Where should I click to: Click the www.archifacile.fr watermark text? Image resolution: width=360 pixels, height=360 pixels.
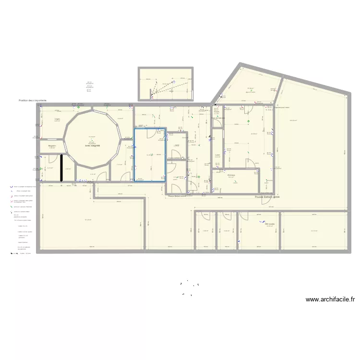click(x=330, y=300)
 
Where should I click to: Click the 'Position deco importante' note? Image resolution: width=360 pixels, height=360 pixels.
click(x=33, y=101)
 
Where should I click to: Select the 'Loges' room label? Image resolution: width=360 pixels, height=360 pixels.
click(x=57, y=119)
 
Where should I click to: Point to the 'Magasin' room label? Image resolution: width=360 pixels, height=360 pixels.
click(x=52, y=145)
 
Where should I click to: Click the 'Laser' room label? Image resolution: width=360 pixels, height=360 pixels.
click(x=217, y=155)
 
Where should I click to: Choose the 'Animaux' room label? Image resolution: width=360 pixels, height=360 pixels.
click(x=231, y=175)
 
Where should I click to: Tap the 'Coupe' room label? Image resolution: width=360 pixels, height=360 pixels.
click(x=216, y=112)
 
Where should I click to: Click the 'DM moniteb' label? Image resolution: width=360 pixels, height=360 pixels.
click(x=270, y=224)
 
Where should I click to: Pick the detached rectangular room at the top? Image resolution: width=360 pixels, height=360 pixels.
click(x=165, y=84)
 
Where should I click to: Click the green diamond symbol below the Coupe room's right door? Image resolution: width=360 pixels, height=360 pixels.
click(x=248, y=121)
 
